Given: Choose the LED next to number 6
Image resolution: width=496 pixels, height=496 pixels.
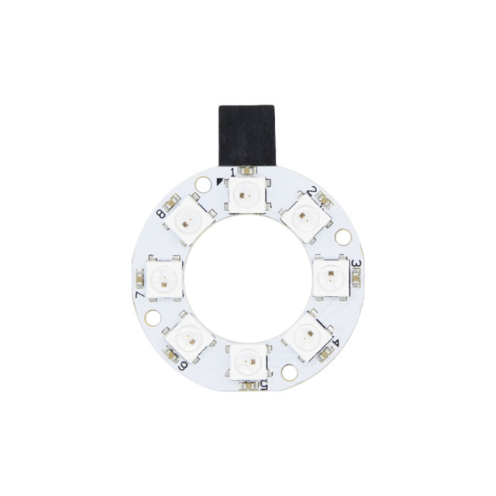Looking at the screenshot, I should (188, 332).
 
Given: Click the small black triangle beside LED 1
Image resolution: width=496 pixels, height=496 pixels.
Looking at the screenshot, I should (222, 182).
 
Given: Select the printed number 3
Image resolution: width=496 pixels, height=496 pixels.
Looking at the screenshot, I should (356, 264).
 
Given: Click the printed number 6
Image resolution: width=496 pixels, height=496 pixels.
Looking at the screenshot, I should (183, 366).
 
